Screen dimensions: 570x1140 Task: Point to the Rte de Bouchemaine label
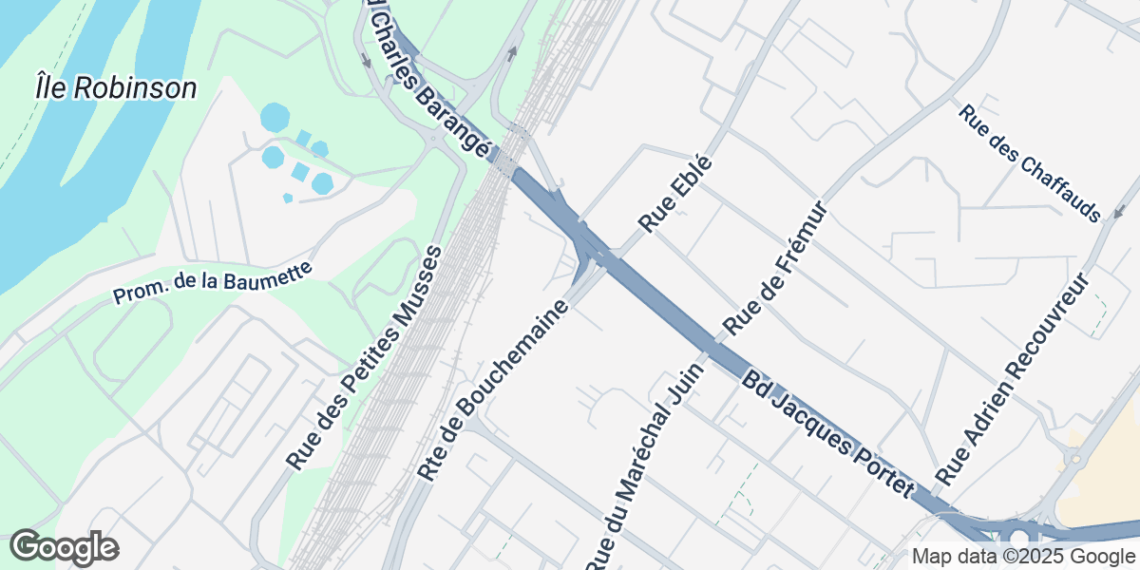[495, 390]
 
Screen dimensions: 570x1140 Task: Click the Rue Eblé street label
[675, 194]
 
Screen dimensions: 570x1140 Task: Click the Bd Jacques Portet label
[827, 432]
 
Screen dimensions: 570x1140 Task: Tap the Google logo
[64, 548]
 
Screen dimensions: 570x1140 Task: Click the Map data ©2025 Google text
[1023, 557]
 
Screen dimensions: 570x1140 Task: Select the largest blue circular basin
[275, 118]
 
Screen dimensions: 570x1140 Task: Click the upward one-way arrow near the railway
[512, 53]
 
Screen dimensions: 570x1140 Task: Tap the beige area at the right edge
[1107, 475]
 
